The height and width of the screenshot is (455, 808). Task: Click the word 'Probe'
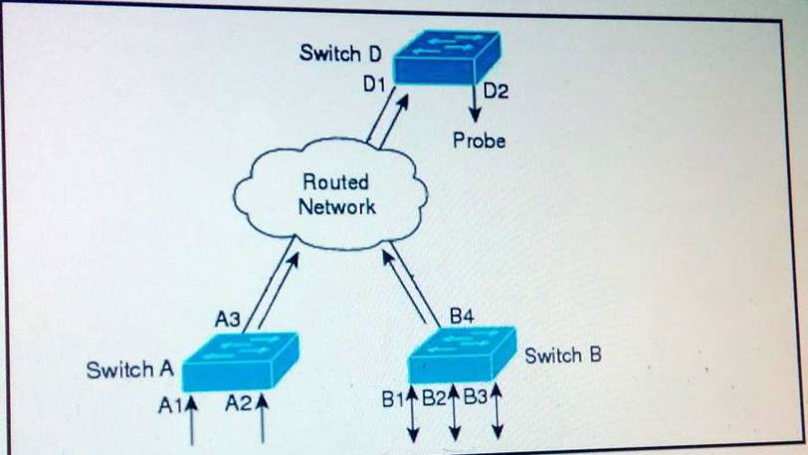tap(479, 140)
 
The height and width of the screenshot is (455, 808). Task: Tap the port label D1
tap(373, 87)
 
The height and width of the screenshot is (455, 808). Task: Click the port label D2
tap(495, 93)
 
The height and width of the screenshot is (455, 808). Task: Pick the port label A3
tap(228, 320)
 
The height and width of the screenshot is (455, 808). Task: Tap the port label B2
tap(434, 399)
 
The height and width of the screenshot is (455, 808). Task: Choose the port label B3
tap(475, 399)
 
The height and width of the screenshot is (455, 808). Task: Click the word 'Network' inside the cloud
tap(337, 207)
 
